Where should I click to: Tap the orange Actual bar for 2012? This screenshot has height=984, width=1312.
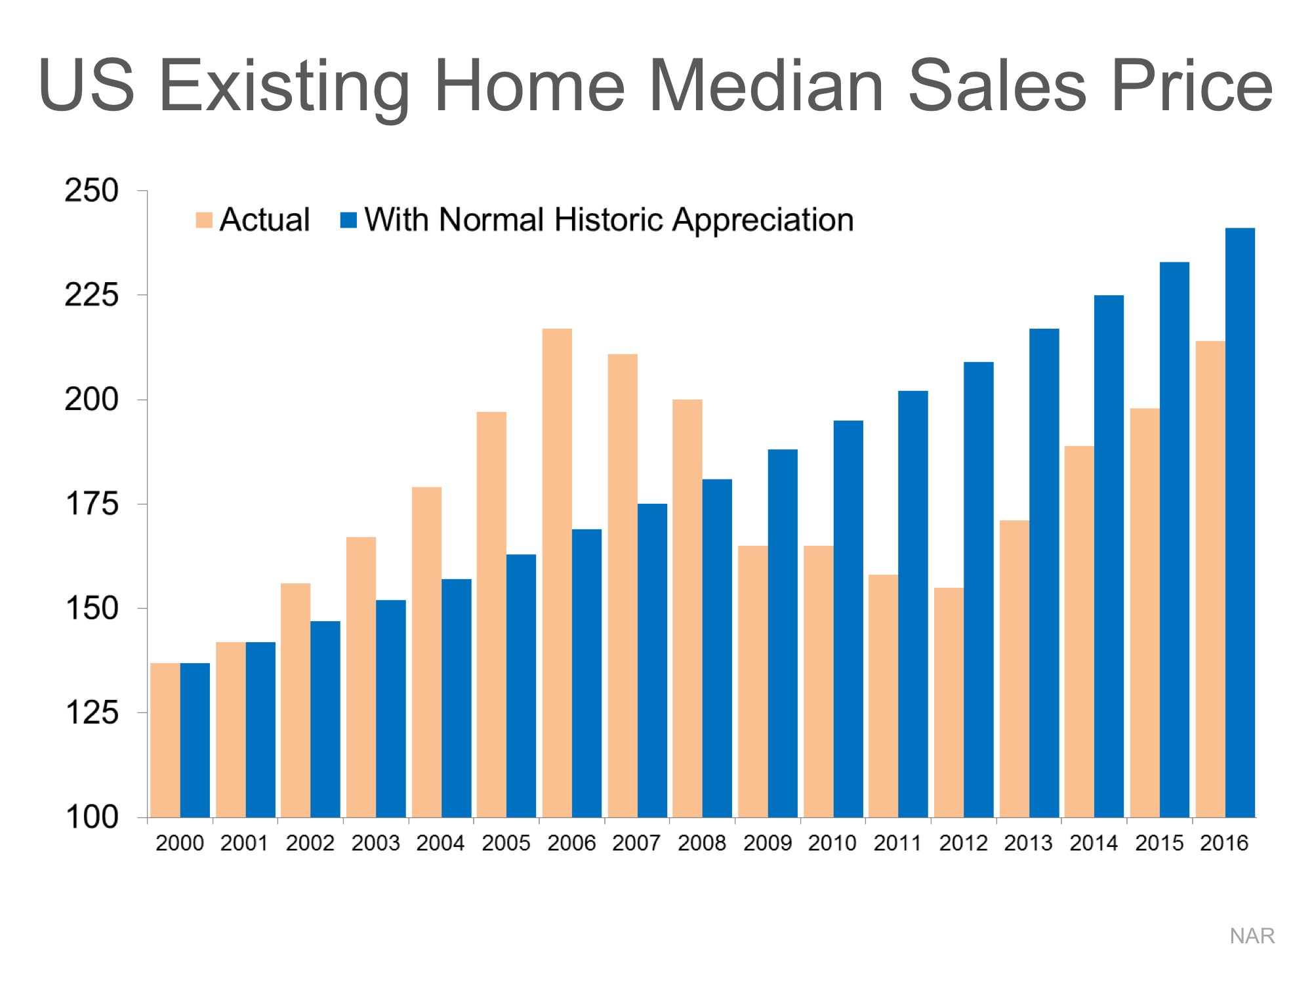point(949,702)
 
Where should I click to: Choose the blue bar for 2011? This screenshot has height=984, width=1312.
point(913,604)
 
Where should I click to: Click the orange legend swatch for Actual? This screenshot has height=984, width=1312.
point(204,220)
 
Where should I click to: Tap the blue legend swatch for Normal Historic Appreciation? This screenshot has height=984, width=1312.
point(348,220)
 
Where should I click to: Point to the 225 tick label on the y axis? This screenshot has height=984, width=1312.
point(92,295)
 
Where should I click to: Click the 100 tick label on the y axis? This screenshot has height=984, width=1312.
point(92,817)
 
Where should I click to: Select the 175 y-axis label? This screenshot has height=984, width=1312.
point(92,504)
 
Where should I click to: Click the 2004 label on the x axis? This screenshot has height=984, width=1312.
point(440,843)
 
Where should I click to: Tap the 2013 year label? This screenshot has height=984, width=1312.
point(1028,843)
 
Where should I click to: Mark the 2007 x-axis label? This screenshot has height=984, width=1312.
point(636,843)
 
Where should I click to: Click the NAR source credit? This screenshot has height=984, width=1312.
point(1252,936)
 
